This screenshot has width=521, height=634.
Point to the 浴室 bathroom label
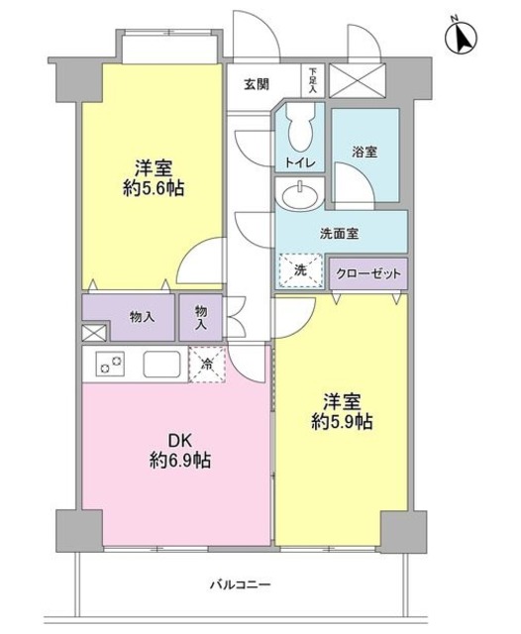click(x=365, y=154)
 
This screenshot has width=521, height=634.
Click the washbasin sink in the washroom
click(x=300, y=196)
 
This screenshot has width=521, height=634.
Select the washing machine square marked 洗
click(x=300, y=269)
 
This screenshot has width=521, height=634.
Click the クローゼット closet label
click(x=366, y=272)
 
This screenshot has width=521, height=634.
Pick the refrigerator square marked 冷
click(x=206, y=364)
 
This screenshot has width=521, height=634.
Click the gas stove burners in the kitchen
click(x=109, y=365)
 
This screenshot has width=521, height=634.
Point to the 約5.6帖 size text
click(x=154, y=187)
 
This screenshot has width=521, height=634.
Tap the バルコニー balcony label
click(x=240, y=584)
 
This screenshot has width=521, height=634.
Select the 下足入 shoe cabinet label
click(x=313, y=81)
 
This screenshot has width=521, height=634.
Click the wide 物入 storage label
click(x=142, y=317)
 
